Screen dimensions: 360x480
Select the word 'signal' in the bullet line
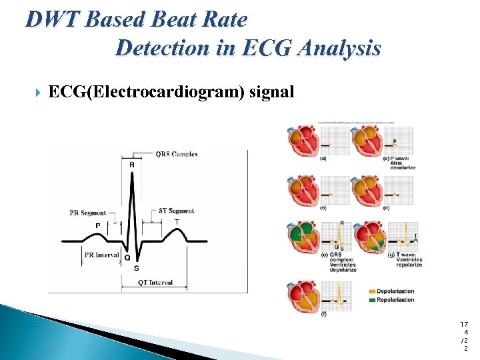coord(271,91)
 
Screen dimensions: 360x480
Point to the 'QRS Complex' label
coord(176,154)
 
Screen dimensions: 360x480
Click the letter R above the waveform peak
coord(131,165)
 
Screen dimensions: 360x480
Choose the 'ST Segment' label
coord(177,211)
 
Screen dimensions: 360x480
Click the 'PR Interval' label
coord(102,254)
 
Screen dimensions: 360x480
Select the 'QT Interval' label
coord(155,282)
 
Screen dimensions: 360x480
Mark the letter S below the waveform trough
coord(137,269)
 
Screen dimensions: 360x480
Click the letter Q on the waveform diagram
coord(127,257)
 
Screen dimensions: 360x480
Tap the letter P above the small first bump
coord(98,225)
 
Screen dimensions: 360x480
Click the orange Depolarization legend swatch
coord(371,291)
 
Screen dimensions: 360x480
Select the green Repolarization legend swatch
coord(371,300)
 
